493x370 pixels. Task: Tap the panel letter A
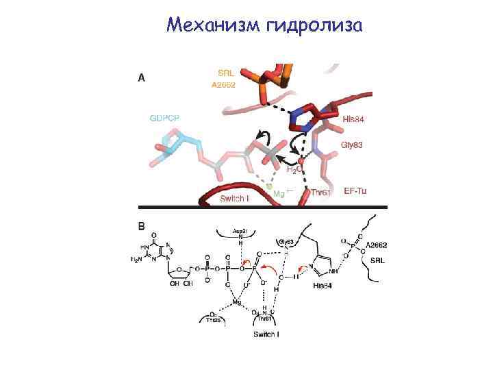click(142, 77)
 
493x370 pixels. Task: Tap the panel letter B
click(142, 225)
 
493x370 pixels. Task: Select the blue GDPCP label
click(166, 118)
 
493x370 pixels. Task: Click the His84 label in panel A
click(353, 119)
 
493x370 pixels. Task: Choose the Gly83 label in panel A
click(351, 145)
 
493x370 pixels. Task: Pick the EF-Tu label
click(355, 190)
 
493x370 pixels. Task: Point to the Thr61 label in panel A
click(320, 193)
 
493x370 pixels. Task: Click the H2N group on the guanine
click(136, 260)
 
